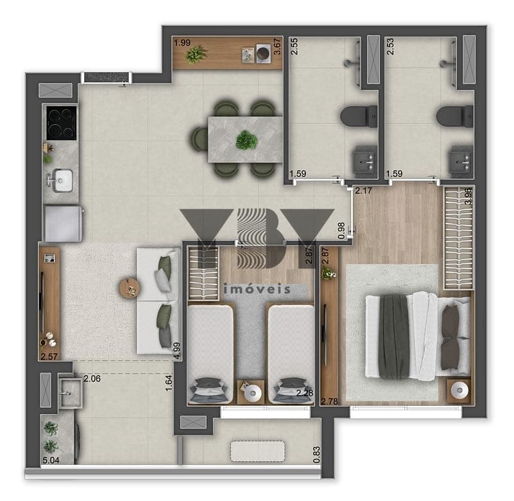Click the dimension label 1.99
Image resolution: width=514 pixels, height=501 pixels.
(182, 42)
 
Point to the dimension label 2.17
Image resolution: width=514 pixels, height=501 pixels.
(364, 190)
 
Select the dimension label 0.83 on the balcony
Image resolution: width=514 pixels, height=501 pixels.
(317, 455)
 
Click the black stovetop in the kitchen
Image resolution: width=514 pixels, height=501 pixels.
(60, 123)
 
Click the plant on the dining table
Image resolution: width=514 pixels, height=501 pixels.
(246, 139)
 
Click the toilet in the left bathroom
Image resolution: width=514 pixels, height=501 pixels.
(354, 116)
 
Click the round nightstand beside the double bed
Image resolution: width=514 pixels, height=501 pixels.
(459, 390)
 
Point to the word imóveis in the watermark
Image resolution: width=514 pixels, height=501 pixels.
(257, 289)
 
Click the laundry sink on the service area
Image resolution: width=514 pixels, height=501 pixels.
(69, 391)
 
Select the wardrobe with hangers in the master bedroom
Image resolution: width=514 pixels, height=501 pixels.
(458, 239)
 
